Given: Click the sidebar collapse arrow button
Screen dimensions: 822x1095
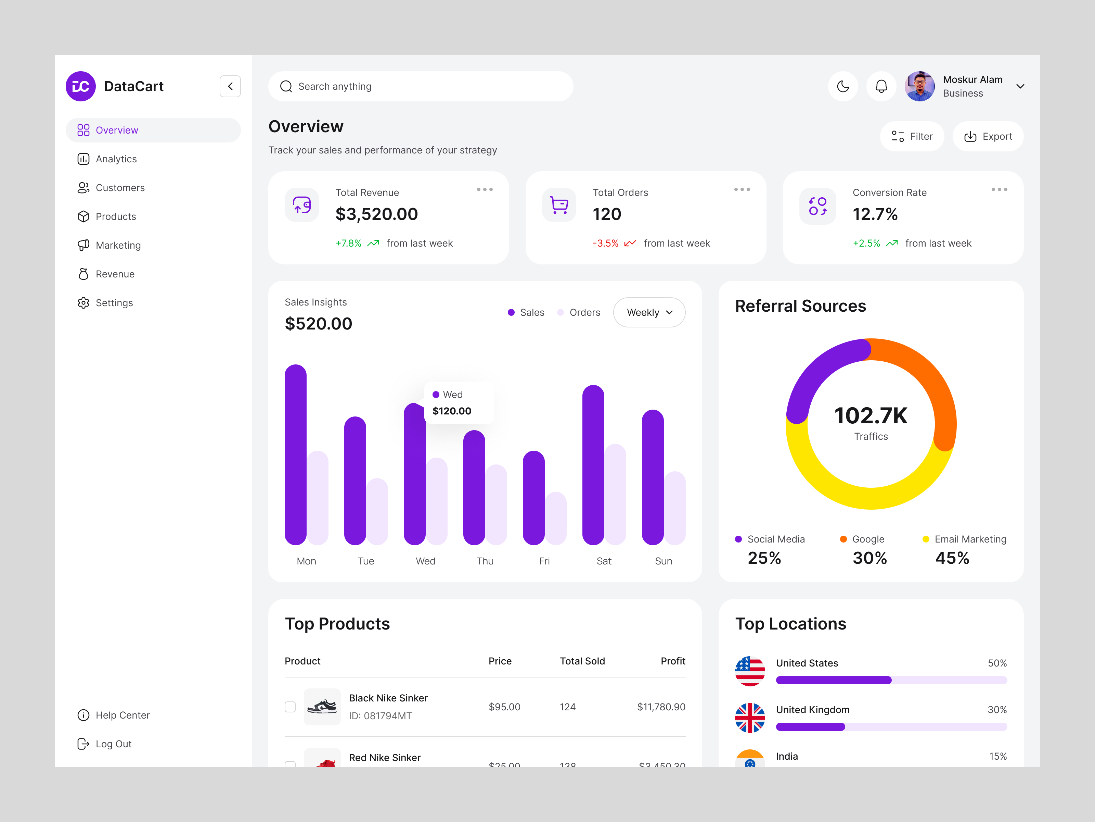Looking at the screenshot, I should tap(230, 86).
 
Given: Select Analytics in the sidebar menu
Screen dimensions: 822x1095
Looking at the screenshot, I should tap(116, 159).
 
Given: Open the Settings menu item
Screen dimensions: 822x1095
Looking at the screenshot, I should tap(114, 303).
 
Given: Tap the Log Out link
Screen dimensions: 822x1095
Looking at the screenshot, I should tap(113, 744).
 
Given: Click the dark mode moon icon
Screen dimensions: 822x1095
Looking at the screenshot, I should tap(842, 86).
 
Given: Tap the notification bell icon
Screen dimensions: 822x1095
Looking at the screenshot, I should tap(881, 86).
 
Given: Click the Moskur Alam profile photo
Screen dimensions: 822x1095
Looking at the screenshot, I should tap(919, 86).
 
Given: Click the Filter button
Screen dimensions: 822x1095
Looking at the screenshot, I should tap(912, 136).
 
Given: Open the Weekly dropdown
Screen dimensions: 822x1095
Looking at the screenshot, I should tap(649, 312).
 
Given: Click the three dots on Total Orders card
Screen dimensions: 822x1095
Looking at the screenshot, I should tap(742, 189).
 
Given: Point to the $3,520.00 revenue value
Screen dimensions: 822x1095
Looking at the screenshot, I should tap(376, 214).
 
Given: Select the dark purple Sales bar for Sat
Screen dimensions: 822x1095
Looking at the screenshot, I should tap(593, 466).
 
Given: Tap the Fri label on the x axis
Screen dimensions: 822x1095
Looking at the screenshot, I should tap(544, 561).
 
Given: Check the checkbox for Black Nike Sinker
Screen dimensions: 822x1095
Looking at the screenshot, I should tap(290, 707).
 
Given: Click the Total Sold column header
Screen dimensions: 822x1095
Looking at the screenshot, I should tap(582, 661).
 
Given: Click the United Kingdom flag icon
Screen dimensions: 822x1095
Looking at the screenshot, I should tap(749, 718).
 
